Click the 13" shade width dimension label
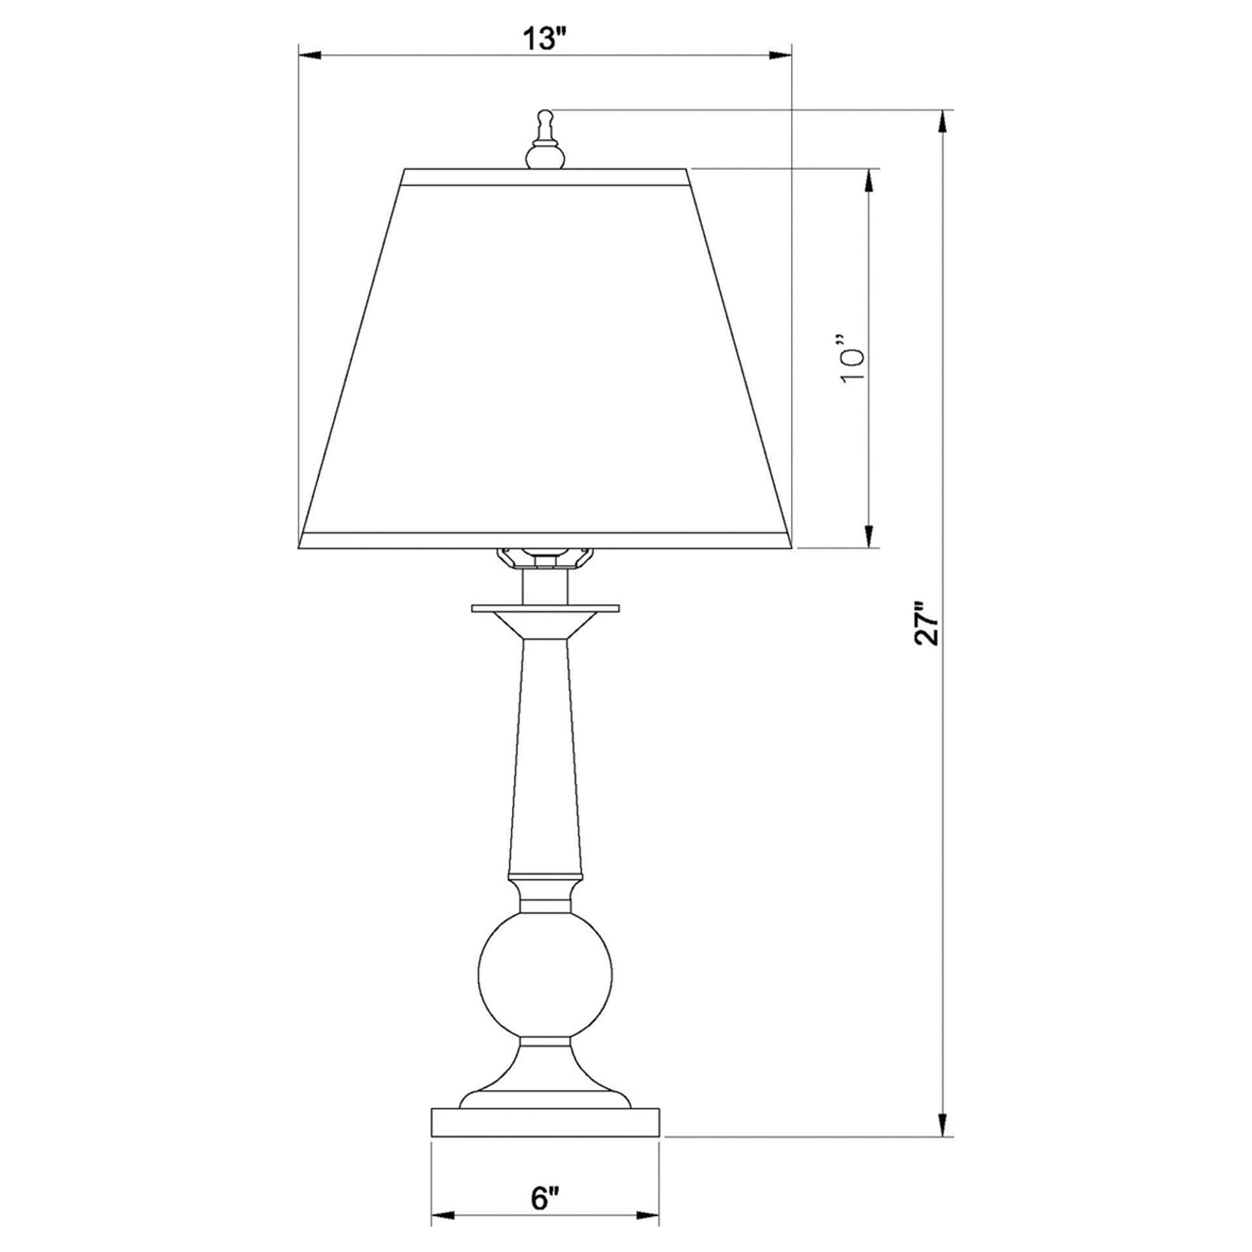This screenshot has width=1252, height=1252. [x=544, y=40]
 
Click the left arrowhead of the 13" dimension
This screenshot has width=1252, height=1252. [x=310, y=56]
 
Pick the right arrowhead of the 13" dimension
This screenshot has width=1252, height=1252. [x=781, y=56]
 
